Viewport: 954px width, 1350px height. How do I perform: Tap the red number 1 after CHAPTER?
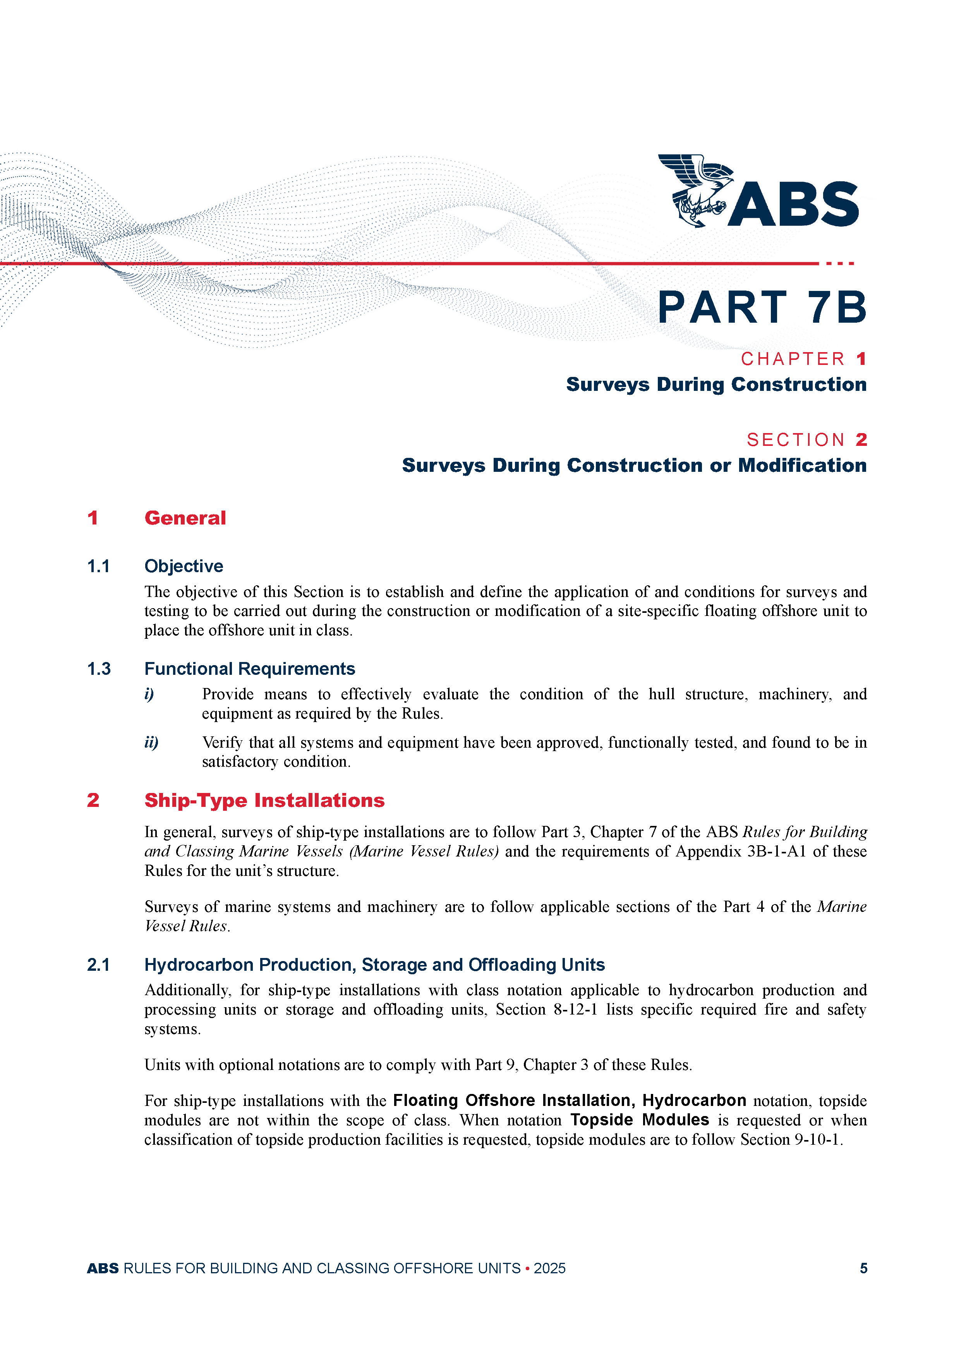pyautogui.click(x=861, y=359)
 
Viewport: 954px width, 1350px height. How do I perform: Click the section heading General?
pyautogui.click(x=185, y=518)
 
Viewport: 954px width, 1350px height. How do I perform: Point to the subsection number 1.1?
pyautogui.click(x=98, y=566)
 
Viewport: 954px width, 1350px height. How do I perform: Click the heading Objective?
pyautogui.click(x=184, y=566)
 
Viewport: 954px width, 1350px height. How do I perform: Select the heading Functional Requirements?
pyautogui.click(x=250, y=669)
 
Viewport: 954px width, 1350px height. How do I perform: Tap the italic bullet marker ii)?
pyautogui.click(x=151, y=743)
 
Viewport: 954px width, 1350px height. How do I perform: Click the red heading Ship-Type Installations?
pyautogui.click(x=264, y=800)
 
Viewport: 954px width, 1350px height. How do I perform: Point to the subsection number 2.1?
pyautogui.click(x=98, y=965)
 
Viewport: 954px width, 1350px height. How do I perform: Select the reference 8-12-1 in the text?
pyautogui.click(x=575, y=1009)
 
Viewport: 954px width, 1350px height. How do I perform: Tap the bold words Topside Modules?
pyautogui.click(x=640, y=1120)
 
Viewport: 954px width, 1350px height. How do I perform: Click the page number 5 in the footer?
pyautogui.click(x=863, y=1268)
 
